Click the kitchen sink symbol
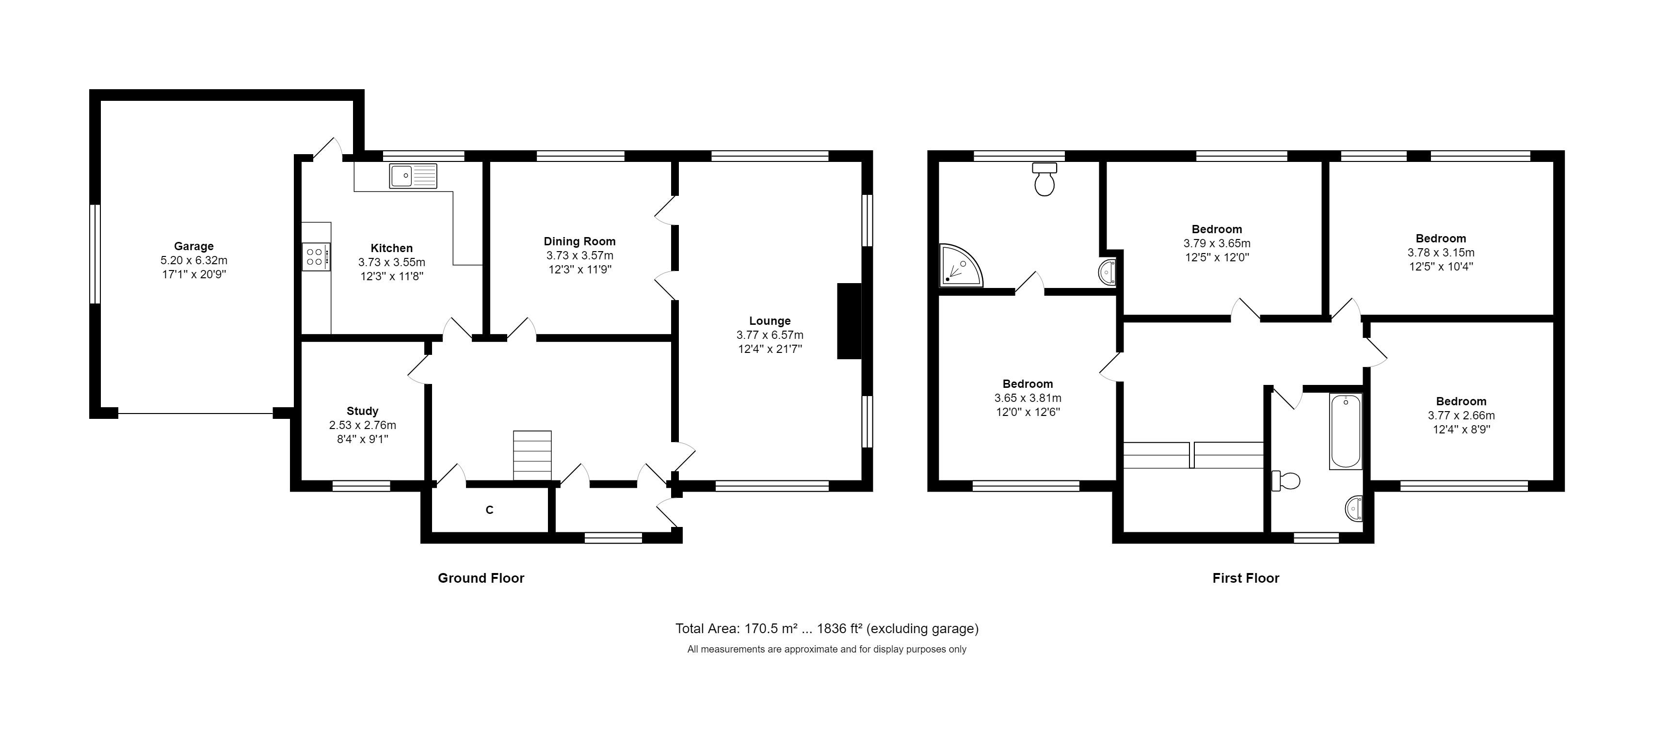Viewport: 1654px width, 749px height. [x=412, y=176]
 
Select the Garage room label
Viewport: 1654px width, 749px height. [x=193, y=246]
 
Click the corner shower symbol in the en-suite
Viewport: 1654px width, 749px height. [x=959, y=266]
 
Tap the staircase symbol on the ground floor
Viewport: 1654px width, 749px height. [x=532, y=455]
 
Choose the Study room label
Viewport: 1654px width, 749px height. [x=362, y=411]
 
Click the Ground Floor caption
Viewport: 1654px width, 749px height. [x=481, y=578]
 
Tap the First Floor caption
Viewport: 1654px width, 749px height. [x=1246, y=578]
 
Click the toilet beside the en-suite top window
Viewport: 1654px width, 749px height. [x=1044, y=179]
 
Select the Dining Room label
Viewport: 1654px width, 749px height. [x=579, y=241]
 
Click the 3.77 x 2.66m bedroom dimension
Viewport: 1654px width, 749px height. [x=1461, y=415]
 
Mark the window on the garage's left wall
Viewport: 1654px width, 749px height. [x=95, y=254]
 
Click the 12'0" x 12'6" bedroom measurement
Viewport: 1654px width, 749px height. [x=1028, y=412]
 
